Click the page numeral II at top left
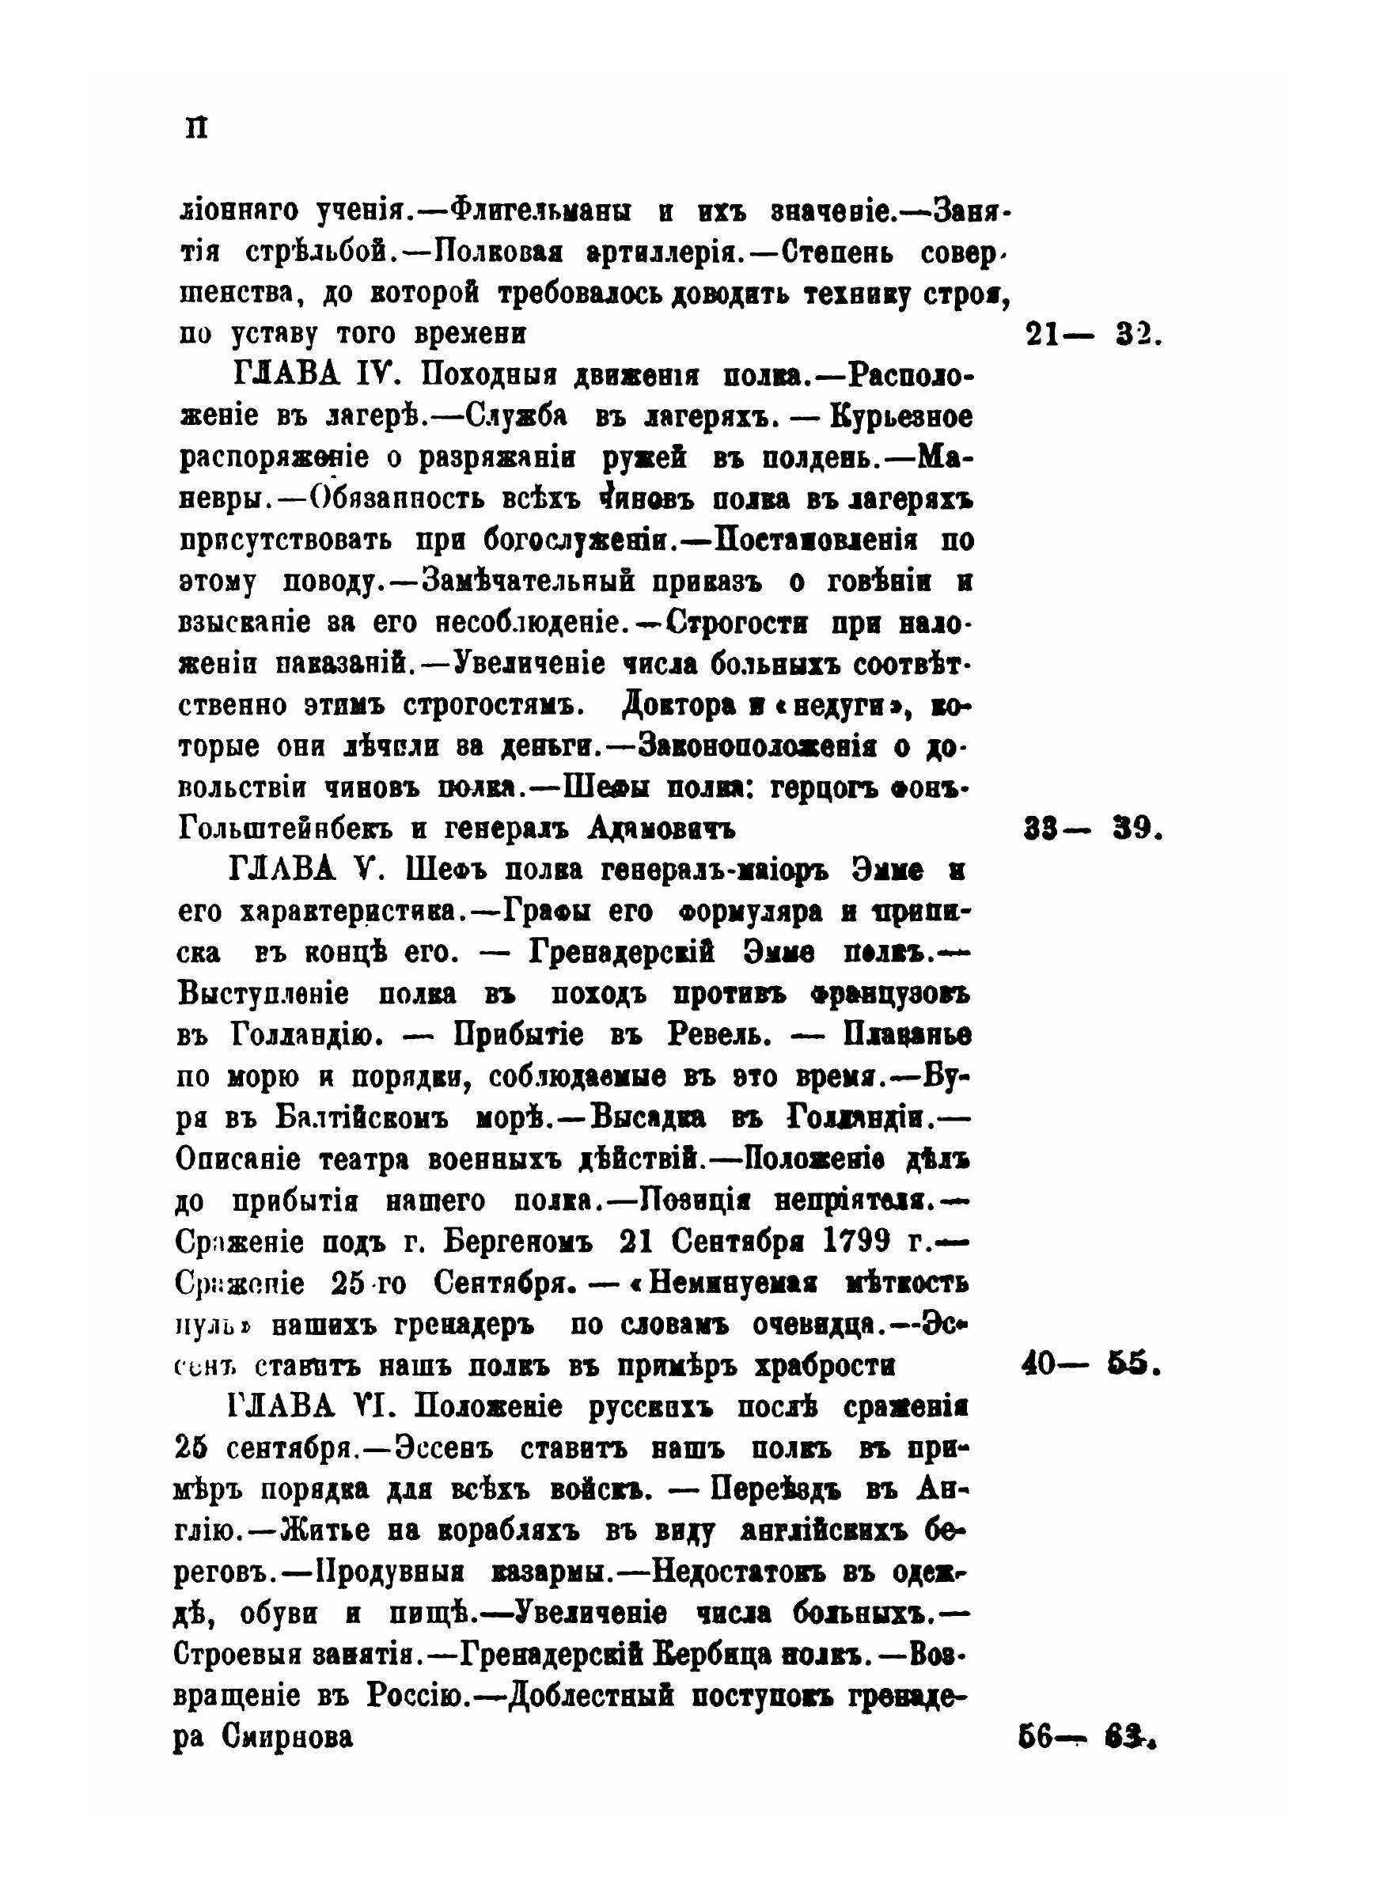click(x=197, y=127)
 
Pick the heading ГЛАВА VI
click(x=310, y=1407)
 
